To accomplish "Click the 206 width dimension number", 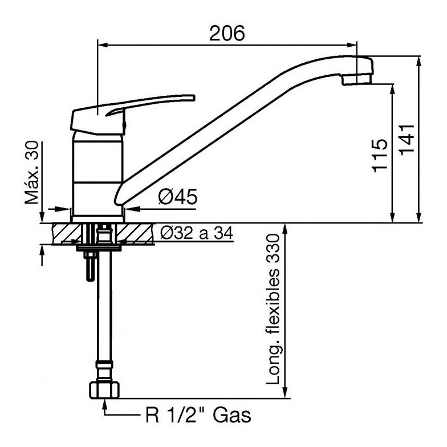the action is pyautogui.click(x=227, y=33).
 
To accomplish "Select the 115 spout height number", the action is pyautogui.click(x=380, y=155).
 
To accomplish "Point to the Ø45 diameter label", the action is pyautogui.click(x=178, y=197).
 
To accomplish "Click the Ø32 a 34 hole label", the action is pyautogui.click(x=197, y=233).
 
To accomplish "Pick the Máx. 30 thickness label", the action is pyautogui.click(x=31, y=173).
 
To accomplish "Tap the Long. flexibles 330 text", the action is pyautogui.click(x=273, y=309).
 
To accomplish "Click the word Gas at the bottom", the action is pyautogui.click(x=232, y=415).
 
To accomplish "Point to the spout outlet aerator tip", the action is pyautogui.click(x=356, y=79).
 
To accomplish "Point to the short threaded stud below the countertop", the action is pyautogui.click(x=90, y=267).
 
